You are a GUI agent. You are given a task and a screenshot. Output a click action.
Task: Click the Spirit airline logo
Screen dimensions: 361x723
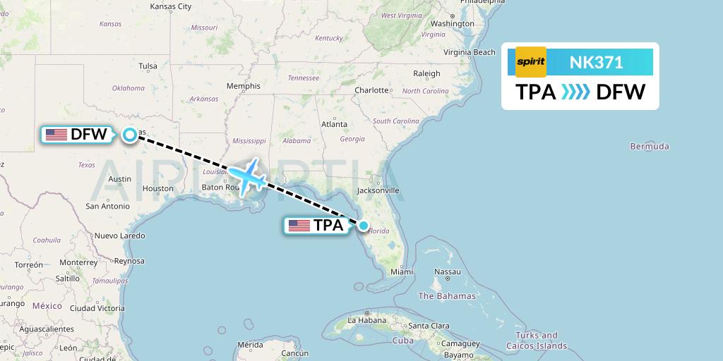click(531, 62)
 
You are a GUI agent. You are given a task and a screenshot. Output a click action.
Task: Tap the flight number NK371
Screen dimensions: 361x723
click(596, 63)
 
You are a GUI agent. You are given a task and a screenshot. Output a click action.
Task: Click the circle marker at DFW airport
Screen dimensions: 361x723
click(130, 134)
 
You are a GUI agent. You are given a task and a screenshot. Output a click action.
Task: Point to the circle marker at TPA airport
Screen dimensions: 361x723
click(363, 226)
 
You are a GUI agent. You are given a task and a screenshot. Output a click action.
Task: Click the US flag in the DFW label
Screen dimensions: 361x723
click(56, 134)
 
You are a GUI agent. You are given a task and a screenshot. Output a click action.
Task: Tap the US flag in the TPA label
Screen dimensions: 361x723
click(299, 226)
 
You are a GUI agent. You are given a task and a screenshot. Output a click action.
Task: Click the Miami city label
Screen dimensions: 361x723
click(401, 271)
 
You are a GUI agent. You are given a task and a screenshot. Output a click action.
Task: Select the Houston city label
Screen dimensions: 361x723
click(157, 188)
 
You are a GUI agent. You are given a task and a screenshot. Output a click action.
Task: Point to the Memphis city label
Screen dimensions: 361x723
click(244, 86)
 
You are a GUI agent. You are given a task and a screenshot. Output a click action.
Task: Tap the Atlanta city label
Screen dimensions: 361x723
click(334, 124)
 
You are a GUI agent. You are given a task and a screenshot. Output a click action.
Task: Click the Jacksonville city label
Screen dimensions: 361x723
click(378, 190)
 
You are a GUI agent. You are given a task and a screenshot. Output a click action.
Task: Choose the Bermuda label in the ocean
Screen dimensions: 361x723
click(650, 147)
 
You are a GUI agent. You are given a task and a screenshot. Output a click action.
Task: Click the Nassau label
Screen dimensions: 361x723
click(447, 271)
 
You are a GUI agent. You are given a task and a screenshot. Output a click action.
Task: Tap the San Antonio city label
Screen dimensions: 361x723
click(107, 206)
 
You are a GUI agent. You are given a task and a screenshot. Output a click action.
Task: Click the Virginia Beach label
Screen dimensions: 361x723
click(470, 52)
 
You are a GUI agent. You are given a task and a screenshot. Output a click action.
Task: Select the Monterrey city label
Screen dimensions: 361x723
click(78, 262)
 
